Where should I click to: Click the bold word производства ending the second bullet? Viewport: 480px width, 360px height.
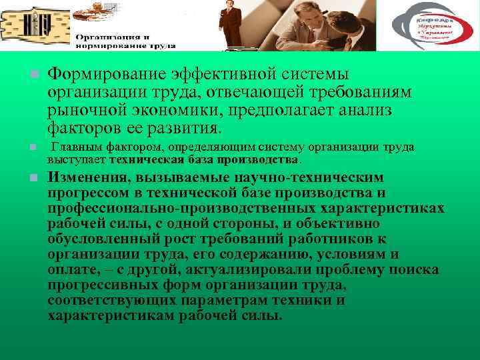(x=266, y=161)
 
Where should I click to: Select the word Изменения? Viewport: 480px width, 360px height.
(x=89, y=178)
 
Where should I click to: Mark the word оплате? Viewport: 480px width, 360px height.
(x=71, y=270)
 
